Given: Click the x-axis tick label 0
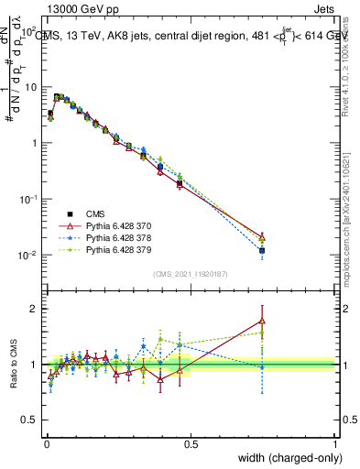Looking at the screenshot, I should tap(45, 443).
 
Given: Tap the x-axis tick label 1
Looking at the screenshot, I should tap(334, 443).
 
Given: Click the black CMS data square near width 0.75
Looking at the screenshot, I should tap(262, 250).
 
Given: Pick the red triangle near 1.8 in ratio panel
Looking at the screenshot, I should tap(262, 321).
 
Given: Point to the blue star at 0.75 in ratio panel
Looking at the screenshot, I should tap(262, 366).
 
